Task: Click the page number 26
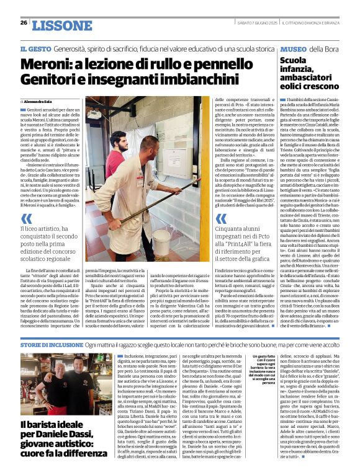(x=24, y=22)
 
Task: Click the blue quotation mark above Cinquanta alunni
(x=219, y=218)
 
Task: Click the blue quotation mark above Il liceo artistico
(x=25, y=218)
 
